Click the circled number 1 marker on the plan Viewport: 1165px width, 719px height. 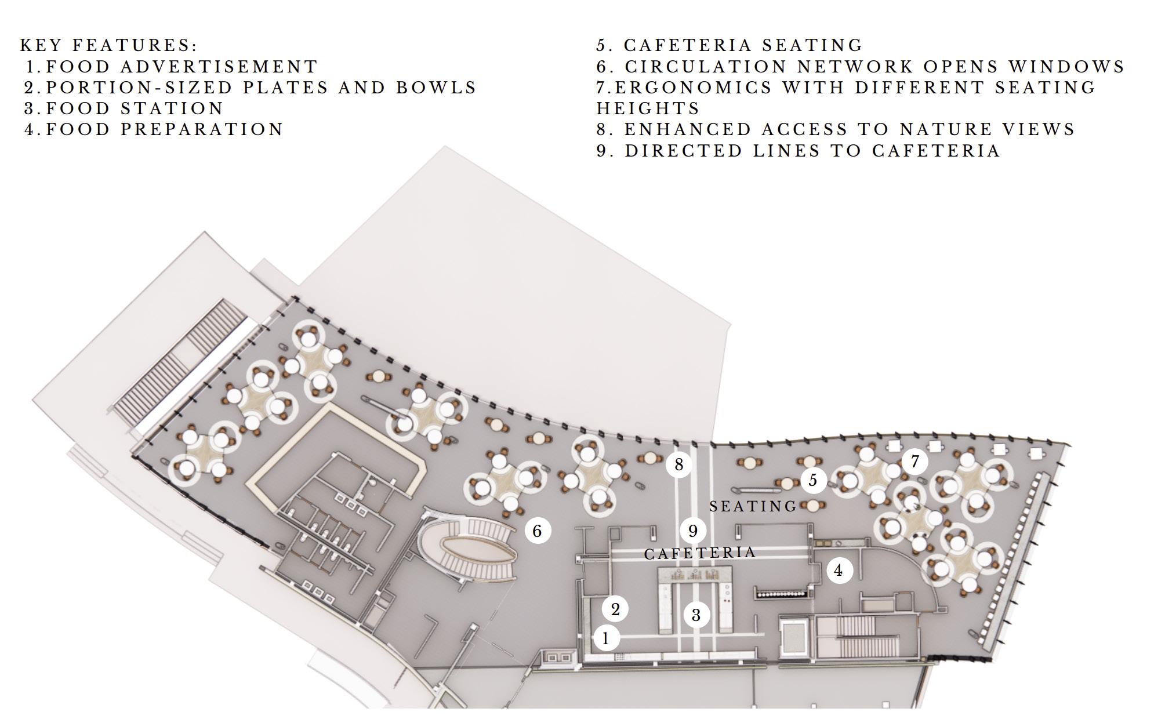pyautogui.click(x=605, y=638)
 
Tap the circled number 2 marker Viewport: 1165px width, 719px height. pyautogui.click(x=615, y=609)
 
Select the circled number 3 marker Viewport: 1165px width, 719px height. pyautogui.click(x=696, y=615)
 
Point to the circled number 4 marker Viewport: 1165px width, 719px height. pyautogui.click(x=839, y=571)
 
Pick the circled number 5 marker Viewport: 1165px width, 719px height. pyautogui.click(x=813, y=480)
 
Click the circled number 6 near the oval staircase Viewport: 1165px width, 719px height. pyautogui.click(x=537, y=531)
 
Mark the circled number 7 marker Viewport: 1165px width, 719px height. pyautogui.click(x=915, y=462)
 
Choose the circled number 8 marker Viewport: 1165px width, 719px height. pyautogui.click(x=678, y=464)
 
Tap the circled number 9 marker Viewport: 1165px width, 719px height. pyautogui.click(x=692, y=531)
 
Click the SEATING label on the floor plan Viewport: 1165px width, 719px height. pyautogui.click(x=753, y=506)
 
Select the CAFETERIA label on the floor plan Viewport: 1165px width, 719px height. pyautogui.click(x=700, y=553)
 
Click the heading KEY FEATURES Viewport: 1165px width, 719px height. pyautogui.click(x=108, y=45)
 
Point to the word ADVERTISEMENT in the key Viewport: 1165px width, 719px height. pyautogui.click(x=219, y=67)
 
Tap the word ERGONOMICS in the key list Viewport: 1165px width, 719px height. pyautogui.click(x=694, y=88)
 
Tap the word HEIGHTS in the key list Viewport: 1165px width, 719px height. pyautogui.click(x=648, y=108)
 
